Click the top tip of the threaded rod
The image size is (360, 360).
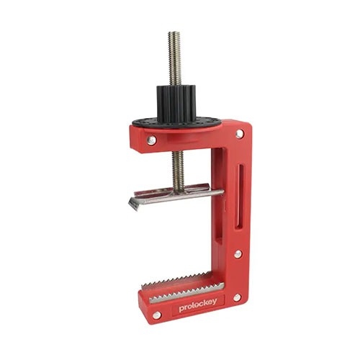point(174,32)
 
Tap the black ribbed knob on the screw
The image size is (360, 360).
point(177,102)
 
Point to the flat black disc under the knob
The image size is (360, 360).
point(176,123)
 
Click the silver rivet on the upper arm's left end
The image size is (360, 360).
point(151,140)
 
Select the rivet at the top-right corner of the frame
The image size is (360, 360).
point(240,134)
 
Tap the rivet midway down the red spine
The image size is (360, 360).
point(238,253)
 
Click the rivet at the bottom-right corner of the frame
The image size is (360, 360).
point(237,297)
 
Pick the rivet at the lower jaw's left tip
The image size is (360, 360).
point(157,315)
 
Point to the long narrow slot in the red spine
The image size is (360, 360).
point(239,196)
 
